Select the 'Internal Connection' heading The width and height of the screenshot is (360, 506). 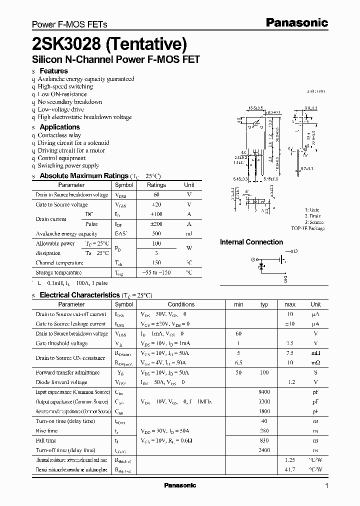click(251, 242)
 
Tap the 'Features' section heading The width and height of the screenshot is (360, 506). click(53, 71)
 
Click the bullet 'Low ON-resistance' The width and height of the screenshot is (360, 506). click(62, 94)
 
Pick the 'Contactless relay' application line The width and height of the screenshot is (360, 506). click(59, 135)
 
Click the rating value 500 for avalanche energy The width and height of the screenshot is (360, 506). click(156, 233)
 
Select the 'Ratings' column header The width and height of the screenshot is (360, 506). click(156, 185)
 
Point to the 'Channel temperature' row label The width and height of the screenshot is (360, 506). click(59, 262)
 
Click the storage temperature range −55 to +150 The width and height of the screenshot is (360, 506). click(156, 272)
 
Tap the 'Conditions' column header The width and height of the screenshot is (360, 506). click(181, 304)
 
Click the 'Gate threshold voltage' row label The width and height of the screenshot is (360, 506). click(61, 343)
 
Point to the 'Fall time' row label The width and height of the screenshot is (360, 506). click(46, 440)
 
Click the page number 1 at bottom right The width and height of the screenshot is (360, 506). click(326, 486)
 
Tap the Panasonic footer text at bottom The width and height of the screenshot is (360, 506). click(180, 485)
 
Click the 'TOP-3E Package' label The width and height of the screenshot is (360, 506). click(307, 228)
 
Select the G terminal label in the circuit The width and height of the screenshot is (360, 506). click(253, 259)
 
